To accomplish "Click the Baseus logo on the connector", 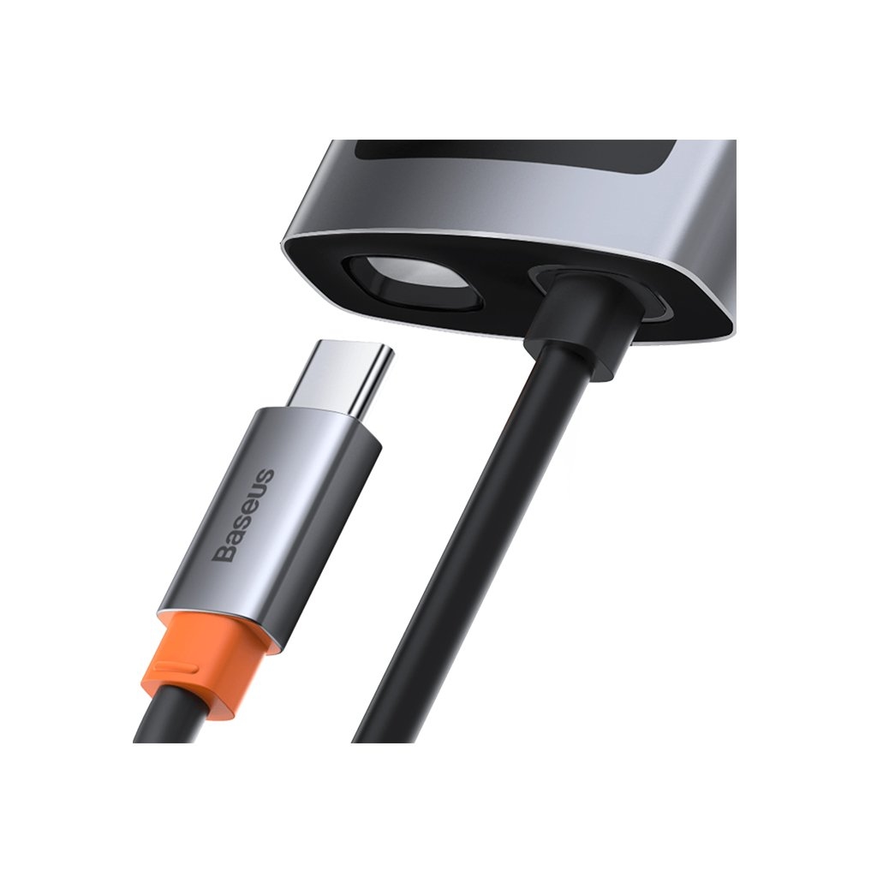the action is (x=245, y=515).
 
